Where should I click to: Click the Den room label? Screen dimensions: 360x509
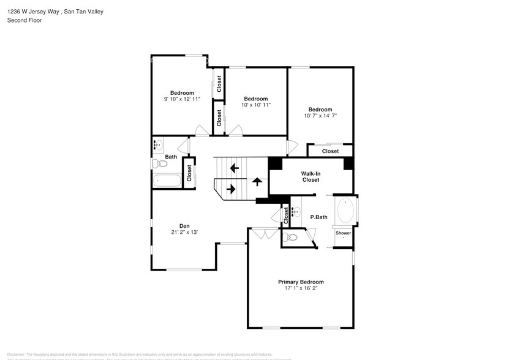tap(184, 225)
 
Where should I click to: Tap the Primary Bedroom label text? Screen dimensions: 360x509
tap(301, 282)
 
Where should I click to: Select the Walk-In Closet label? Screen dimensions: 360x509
tap(310, 177)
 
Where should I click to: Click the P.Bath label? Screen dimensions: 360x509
tap(319, 217)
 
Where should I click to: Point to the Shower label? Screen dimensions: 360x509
tap(343, 233)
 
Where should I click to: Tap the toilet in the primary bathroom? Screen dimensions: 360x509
tap(290, 237)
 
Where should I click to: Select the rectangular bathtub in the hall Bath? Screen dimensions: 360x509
tap(167, 181)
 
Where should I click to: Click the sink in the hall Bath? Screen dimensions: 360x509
tap(158, 146)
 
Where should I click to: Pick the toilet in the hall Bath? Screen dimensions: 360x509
tap(159, 163)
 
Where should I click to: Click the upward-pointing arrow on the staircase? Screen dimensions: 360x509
tap(257, 181)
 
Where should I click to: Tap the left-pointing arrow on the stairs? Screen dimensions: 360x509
tap(233, 168)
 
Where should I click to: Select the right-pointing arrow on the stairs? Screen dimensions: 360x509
tap(231, 189)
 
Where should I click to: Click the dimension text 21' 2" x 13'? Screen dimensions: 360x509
tap(184, 232)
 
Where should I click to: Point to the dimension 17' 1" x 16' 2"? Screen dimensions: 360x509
tap(301, 288)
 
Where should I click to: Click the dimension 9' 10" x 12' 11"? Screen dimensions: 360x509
tap(182, 99)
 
